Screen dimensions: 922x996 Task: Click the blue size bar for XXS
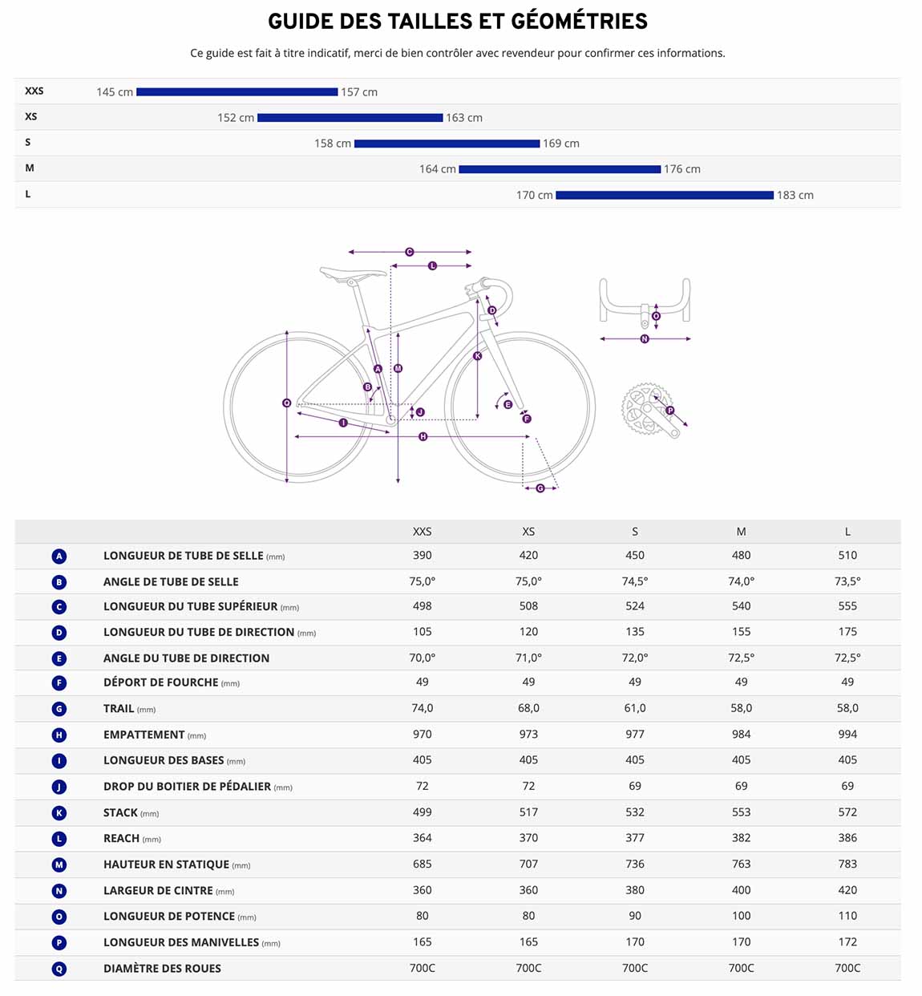pyautogui.click(x=237, y=91)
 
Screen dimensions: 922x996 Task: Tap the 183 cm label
pyautogui.click(x=795, y=195)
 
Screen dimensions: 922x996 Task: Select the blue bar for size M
pyautogui.click(x=560, y=169)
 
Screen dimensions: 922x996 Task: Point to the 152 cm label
pyautogui.click(x=236, y=118)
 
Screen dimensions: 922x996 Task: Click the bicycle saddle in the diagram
pyautogui.click(x=353, y=273)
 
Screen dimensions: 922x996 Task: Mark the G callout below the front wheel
pyautogui.click(x=540, y=488)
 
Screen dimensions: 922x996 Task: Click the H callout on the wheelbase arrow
pyautogui.click(x=423, y=437)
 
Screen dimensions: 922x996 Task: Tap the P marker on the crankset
pyautogui.click(x=670, y=411)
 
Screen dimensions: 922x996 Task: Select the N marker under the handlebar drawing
pyautogui.click(x=645, y=339)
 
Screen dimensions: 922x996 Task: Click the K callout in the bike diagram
pyautogui.click(x=478, y=355)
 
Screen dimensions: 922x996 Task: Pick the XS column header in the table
pyautogui.click(x=528, y=532)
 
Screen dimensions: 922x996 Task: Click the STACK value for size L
pyautogui.click(x=847, y=812)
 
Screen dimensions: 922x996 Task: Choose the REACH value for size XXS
pyautogui.click(x=423, y=837)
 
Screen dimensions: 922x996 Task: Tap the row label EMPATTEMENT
pyautogui.click(x=144, y=735)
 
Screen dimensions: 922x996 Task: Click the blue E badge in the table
pyautogui.click(x=59, y=658)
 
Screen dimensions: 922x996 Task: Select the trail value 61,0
pyautogui.click(x=634, y=708)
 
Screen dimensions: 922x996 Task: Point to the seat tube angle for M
pyautogui.click(x=741, y=581)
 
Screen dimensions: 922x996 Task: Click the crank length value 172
pyautogui.click(x=847, y=941)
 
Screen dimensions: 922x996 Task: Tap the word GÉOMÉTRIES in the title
pyautogui.click(x=580, y=21)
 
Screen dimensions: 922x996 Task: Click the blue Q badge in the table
pyautogui.click(x=59, y=969)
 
